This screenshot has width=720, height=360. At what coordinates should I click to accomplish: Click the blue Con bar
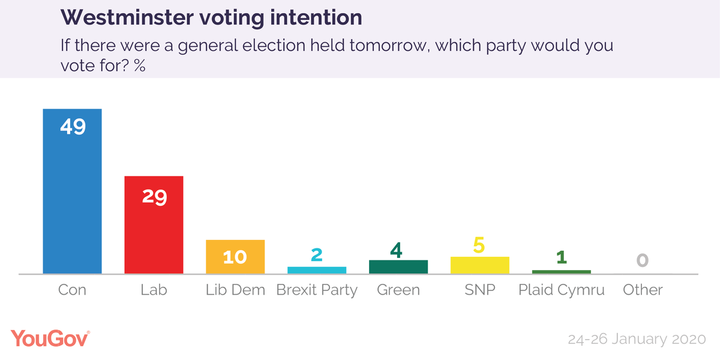coord(72,198)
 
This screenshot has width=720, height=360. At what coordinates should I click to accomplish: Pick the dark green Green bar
coord(398,267)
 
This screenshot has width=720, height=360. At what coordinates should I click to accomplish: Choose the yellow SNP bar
coord(480,265)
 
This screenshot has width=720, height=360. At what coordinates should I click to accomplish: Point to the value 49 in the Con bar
coord(72,127)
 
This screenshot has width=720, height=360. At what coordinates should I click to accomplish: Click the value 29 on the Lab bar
coord(154,196)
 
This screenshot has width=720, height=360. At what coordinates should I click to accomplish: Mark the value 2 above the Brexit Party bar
coord(317,254)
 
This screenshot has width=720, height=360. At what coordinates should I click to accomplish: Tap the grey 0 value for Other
coord(643,260)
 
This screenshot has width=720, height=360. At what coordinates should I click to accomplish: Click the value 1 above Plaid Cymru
coord(562,257)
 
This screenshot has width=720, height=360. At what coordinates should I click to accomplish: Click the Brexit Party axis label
coord(317,290)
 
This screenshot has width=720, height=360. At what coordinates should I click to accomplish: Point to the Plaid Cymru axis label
coord(562,290)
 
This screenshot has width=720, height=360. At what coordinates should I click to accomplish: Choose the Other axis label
coord(643,290)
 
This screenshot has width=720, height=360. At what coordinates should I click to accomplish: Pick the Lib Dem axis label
coord(235,290)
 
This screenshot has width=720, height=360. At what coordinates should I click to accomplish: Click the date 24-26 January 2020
coord(636,339)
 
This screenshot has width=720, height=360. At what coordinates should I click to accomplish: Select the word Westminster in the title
coord(128,17)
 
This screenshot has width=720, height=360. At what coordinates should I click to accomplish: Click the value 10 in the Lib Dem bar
coord(235,257)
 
